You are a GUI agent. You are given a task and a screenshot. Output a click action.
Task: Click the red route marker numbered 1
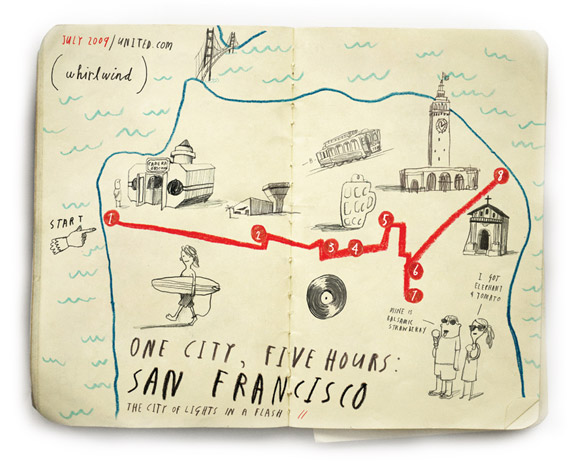pyautogui.click(x=111, y=217)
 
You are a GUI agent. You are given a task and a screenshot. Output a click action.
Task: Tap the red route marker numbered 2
pyautogui.click(x=257, y=236)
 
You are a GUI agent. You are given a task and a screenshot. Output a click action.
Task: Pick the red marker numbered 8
pyautogui.click(x=501, y=176)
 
